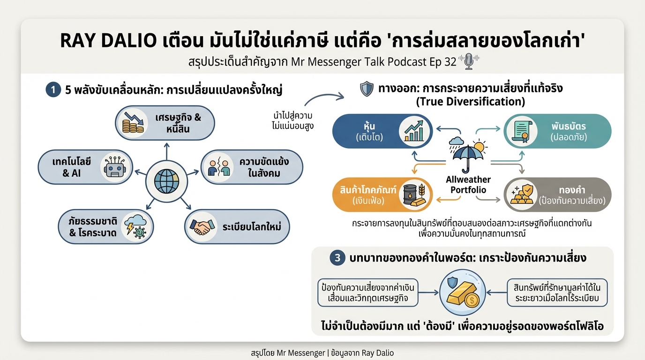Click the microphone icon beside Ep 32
pos(468,62)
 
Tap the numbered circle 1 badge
pos(53,90)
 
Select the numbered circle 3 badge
pos(337,258)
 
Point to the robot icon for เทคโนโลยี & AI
pos(113,167)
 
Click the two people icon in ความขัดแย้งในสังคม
pos(219,167)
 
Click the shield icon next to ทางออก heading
pos(366,89)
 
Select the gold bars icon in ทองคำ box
pos(522,195)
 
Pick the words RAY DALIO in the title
pos(108,41)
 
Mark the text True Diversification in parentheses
pos(471,101)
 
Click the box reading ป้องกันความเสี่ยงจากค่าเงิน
pos(367,292)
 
